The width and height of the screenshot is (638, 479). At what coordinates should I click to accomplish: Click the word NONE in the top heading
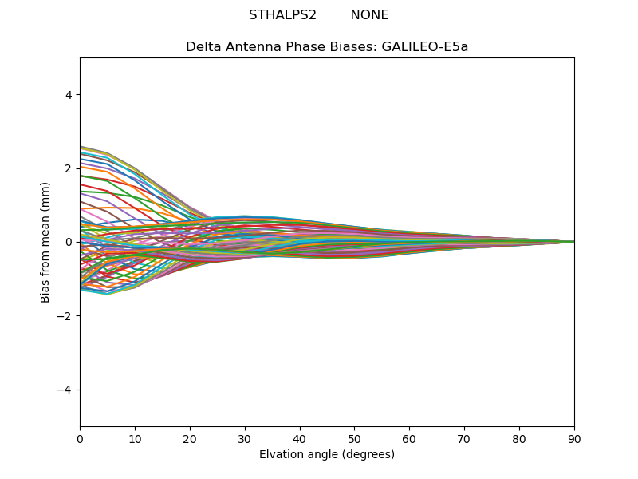click(x=369, y=15)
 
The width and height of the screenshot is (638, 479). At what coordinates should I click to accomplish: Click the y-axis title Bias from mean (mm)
click(x=45, y=242)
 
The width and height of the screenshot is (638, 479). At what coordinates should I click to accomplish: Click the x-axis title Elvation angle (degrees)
click(x=327, y=454)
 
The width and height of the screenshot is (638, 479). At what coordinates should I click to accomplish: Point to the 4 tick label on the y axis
click(x=69, y=94)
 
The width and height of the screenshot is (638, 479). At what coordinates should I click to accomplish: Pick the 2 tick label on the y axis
click(x=69, y=168)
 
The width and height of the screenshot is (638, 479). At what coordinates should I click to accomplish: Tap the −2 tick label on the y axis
click(x=65, y=315)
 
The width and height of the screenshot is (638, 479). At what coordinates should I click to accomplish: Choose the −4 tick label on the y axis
click(x=65, y=390)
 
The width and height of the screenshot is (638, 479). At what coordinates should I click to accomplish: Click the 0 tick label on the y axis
click(x=69, y=242)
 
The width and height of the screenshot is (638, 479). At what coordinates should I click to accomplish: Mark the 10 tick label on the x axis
click(x=135, y=438)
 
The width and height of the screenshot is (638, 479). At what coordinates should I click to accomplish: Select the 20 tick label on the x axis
click(x=190, y=438)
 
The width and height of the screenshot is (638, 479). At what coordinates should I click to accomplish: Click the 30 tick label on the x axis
click(x=245, y=438)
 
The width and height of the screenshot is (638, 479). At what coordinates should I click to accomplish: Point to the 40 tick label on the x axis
click(x=300, y=438)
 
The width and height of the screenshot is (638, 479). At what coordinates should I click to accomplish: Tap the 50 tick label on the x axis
click(x=354, y=438)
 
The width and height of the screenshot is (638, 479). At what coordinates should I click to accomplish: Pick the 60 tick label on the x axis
click(x=409, y=438)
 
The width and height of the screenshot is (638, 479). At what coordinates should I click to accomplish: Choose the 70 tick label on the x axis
click(x=464, y=438)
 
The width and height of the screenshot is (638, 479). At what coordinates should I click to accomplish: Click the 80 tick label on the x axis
click(x=519, y=438)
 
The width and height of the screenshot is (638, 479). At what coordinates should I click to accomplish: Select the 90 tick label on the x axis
click(x=574, y=438)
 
